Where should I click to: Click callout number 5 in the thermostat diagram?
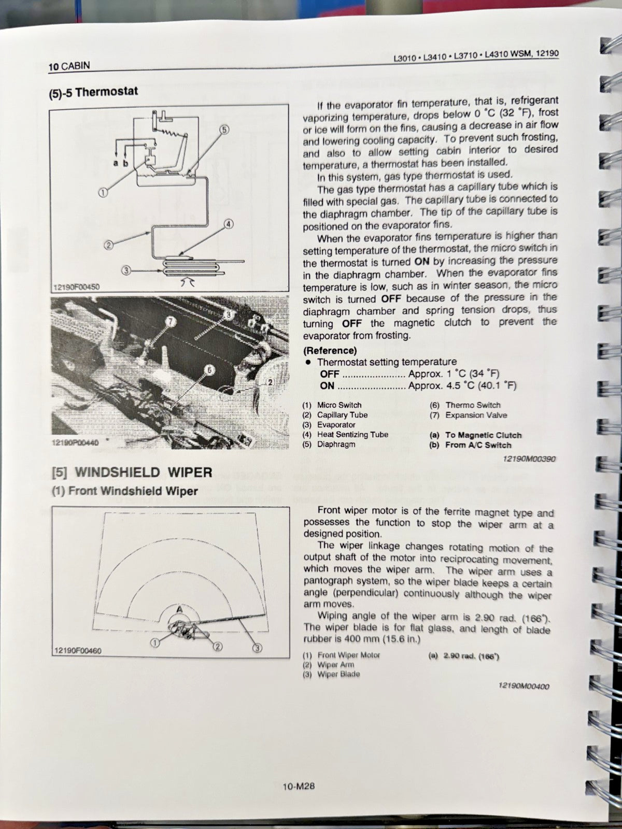point(224,129)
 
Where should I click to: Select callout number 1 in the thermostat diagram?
point(103,192)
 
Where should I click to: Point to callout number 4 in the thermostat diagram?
point(229,224)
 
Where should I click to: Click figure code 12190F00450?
point(76,286)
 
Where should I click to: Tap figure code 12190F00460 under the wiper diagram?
point(77,651)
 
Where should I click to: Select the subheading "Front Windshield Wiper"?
point(133,491)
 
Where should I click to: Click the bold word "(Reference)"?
point(330,350)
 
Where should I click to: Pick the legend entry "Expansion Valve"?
point(476,415)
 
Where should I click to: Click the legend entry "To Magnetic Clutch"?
point(483,435)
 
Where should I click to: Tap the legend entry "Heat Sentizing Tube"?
point(352,435)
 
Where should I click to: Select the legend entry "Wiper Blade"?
point(338,674)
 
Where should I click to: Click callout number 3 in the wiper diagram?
point(258,648)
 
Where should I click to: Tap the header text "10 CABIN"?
point(69,66)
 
